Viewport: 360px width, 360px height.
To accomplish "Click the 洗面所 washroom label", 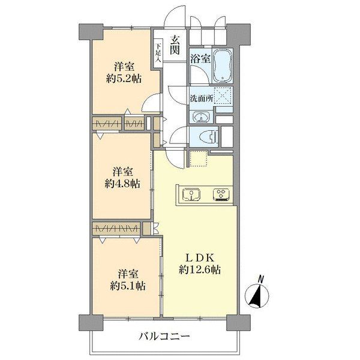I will [x=201, y=98].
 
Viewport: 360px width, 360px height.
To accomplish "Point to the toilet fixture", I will [x=204, y=135].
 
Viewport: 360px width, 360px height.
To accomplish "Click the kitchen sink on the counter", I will [x=191, y=194].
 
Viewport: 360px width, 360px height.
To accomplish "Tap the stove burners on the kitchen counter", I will [x=221, y=194].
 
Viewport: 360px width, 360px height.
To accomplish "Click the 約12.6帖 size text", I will [x=199, y=270].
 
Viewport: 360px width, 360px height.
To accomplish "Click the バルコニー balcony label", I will [x=164, y=336].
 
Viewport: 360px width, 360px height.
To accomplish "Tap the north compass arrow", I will [x=257, y=296].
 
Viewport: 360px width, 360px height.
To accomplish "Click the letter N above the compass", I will [x=260, y=278].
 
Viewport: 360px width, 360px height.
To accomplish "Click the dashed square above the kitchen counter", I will [x=197, y=159].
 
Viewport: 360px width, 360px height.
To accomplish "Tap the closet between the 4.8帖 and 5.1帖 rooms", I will [x=116, y=229].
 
